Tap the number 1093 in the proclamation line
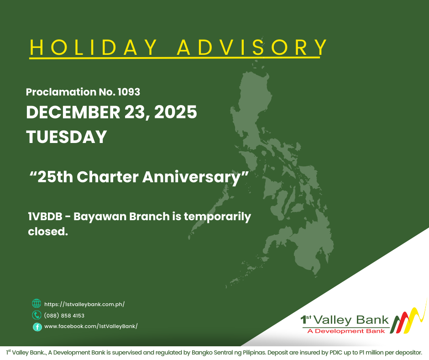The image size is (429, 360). coord(128,92)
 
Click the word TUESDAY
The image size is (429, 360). coord(67,137)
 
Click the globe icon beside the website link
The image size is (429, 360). coord(37,303)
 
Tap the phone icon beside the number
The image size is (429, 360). coord(37,315)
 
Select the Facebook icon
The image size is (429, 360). coord(37,327)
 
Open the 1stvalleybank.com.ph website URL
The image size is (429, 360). coord(84,304)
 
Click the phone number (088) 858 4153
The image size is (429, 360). coord(64,315)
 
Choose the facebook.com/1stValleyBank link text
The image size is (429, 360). coord(91,326)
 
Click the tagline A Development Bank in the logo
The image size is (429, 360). coord(346,331)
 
